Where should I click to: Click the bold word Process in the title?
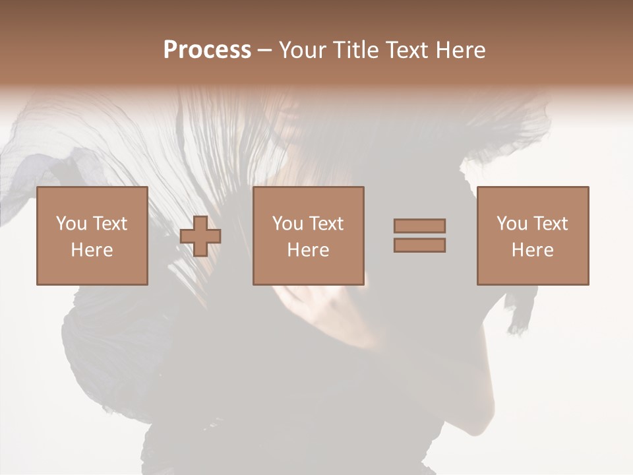click(207, 50)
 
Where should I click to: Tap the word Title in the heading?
click(355, 50)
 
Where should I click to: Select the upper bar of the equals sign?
click(419, 226)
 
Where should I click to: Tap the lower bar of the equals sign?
click(419, 245)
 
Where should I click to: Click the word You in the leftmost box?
click(71, 224)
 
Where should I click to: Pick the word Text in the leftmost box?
click(109, 224)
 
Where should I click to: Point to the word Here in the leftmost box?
click(92, 250)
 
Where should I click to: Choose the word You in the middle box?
click(287, 224)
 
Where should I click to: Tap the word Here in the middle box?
click(308, 250)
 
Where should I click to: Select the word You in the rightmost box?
click(512, 224)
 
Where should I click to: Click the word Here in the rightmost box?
click(532, 250)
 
